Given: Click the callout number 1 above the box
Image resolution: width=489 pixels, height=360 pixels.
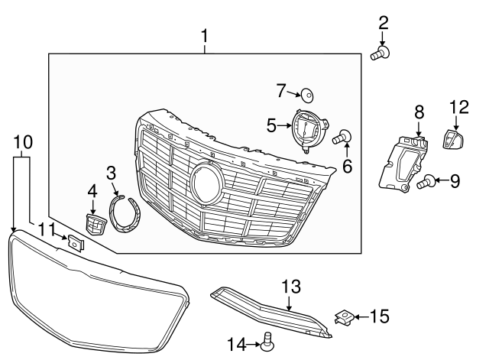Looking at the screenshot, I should pyautogui.click(x=204, y=35).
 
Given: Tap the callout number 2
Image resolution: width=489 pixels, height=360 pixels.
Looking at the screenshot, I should pyautogui.click(x=383, y=23).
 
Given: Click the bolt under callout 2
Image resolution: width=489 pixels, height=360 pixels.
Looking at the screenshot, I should pyautogui.click(x=381, y=53).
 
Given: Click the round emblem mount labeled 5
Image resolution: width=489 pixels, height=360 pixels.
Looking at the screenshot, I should pyautogui.click(x=306, y=129).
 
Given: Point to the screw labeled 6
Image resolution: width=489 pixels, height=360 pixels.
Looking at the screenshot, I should pyautogui.click(x=344, y=138).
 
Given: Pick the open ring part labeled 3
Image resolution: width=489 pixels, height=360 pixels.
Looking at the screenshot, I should pyautogui.click(x=126, y=211).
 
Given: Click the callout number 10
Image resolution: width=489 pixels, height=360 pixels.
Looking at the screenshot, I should pyautogui.click(x=23, y=141).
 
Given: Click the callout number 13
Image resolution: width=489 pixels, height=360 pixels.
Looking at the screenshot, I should pyautogui.click(x=291, y=286).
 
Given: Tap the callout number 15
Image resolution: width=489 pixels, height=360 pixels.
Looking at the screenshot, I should pyautogui.click(x=380, y=315).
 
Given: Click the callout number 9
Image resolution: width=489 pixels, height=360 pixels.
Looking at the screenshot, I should pyautogui.click(x=455, y=181).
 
